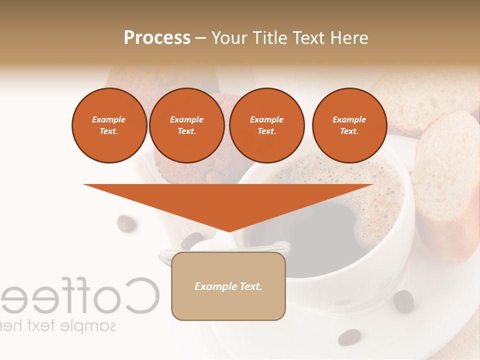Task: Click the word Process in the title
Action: (157, 38)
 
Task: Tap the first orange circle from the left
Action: (109, 125)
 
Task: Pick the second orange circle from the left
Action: (186, 125)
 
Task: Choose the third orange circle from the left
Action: (266, 125)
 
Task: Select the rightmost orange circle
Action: (349, 125)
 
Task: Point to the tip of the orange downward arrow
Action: (228, 230)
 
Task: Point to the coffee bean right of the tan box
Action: (403, 301)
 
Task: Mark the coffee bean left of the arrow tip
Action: (126, 223)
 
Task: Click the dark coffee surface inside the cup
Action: (320, 235)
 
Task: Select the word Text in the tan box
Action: (250, 286)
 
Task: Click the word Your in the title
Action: (229, 38)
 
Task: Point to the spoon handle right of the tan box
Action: (280, 246)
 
